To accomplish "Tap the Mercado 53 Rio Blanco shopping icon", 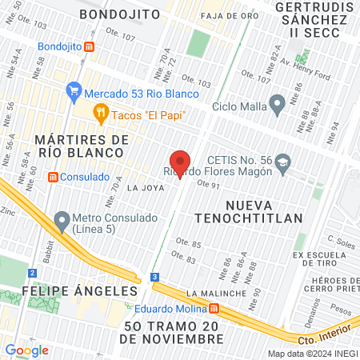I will pos(74,91).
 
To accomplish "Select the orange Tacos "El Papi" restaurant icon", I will pos(101,114).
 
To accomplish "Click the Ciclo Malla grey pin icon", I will pos(278,104).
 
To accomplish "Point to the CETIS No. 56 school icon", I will pos(282,165).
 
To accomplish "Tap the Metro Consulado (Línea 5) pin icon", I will pos(62,219).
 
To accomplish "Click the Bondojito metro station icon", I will pos(89,46).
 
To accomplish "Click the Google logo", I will pos(26,350).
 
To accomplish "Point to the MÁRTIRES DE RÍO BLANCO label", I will pos(82,147).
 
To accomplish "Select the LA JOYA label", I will pos(146,188).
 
